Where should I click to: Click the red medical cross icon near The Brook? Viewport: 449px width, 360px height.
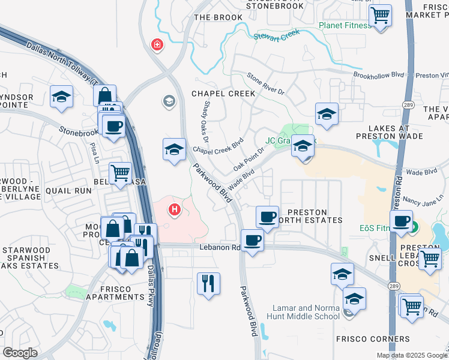[x=157, y=44]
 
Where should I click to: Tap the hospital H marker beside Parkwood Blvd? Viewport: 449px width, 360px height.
[x=175, y=209]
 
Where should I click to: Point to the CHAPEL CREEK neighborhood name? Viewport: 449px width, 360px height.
[x=223, y=94]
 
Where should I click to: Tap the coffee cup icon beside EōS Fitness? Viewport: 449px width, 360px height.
[x=400, y=220]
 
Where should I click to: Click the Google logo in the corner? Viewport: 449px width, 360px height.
[x=20, y=352]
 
